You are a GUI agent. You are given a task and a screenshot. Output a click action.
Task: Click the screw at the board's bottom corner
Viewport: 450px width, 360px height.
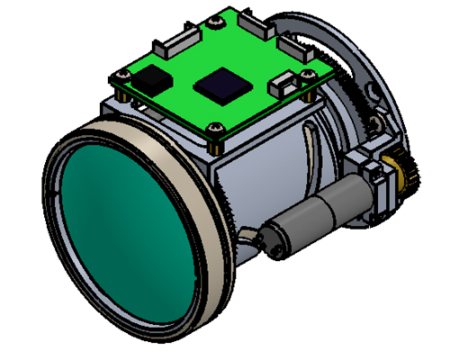pos(217,133)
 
